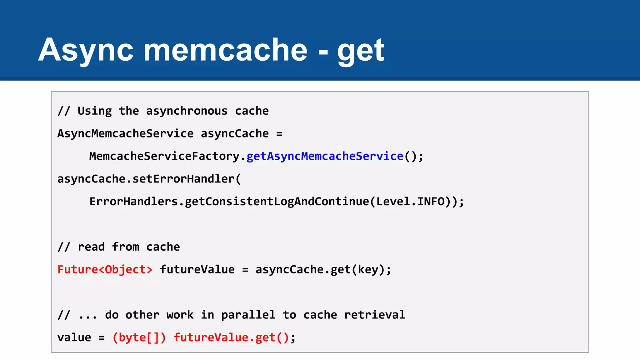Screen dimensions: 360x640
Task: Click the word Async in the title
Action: (x=86, y=50)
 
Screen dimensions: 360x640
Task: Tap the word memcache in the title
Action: (x=225, y=50)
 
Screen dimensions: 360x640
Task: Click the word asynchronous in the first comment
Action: (x=187, y=111)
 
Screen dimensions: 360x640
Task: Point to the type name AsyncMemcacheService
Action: (x=125, y=134)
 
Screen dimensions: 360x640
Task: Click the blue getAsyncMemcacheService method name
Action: (x=325, y=156)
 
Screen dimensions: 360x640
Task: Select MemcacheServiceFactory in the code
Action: (x=164, y=156)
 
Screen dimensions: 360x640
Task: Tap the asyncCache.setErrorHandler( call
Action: (x=149, y=179)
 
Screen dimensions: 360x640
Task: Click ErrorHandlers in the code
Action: (x=133, y=202)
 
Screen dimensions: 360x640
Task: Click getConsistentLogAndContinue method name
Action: (x=277, y=202)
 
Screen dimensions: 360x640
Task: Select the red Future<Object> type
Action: (x=105, y=269)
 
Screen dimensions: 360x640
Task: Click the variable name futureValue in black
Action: (x=197, y=269)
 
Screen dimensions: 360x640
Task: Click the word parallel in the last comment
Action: (x=248, y=315)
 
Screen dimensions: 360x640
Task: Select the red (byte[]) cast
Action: (x=139, y=337)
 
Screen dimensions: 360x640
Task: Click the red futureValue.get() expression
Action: (x=231, y=337)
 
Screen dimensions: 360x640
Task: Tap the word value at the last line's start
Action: (x=74, y=337)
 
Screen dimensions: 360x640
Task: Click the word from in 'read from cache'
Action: (x=125, y=247)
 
